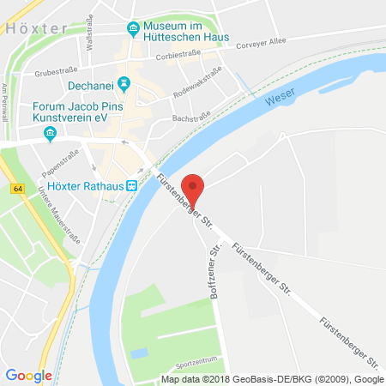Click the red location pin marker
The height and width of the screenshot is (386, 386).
coord(195,190)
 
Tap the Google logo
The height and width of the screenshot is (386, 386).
coord(28,375)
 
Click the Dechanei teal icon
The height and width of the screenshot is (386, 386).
coord(124,82)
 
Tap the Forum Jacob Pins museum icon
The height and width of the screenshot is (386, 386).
coord(50,133)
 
